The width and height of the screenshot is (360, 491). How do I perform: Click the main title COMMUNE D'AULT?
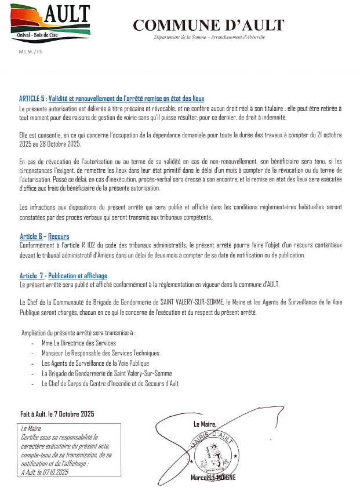[x=209, y=25]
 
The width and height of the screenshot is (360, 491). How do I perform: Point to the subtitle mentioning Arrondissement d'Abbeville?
[x=209, y=37]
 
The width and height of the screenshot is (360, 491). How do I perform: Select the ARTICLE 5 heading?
[x=111, y=99]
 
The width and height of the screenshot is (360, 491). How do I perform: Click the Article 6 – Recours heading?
[x=44, y=237]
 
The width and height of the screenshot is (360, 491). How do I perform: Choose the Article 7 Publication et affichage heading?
[x=63, y=276]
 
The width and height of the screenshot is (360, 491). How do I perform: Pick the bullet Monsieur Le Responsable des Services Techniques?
[x=100, y=353]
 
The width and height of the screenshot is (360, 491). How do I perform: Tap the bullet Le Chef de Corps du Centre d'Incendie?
[x=110, y=384]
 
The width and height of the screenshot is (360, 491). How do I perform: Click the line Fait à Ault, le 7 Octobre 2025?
[x=57, y=414]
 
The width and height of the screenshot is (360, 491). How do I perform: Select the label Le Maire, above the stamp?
[x=205, y=424]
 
